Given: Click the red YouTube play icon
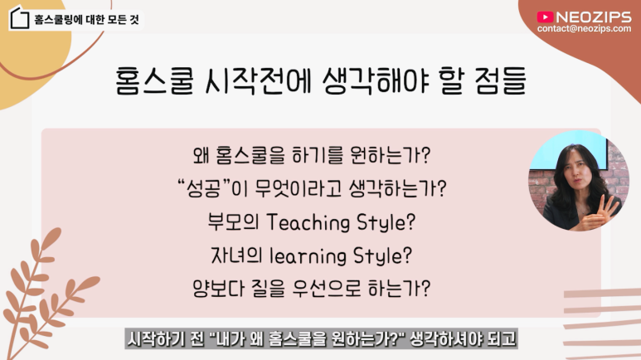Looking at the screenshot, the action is coord(545,17).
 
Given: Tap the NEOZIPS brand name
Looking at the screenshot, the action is coord(594,17).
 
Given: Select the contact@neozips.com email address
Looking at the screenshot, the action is coord(584,29).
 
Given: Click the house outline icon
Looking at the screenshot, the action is coord(20,18).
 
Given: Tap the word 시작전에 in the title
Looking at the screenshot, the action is coord(258,80).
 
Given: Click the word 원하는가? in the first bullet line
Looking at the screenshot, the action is coord(391,155).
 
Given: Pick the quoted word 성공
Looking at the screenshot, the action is coord(203,188).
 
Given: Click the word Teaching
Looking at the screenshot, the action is coord(308,223).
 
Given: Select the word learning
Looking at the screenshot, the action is coord(308,256).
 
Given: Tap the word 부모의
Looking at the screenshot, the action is coord(233,222).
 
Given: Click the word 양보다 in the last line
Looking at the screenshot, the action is coord(218,289).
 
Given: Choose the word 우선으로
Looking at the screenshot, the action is coord(326,289).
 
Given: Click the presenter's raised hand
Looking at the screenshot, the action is coord(606,207).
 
